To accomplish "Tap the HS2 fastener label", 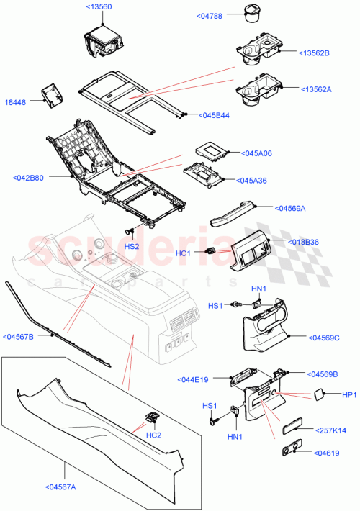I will [x=131, y=246].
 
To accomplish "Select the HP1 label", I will [x=349, y=394].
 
